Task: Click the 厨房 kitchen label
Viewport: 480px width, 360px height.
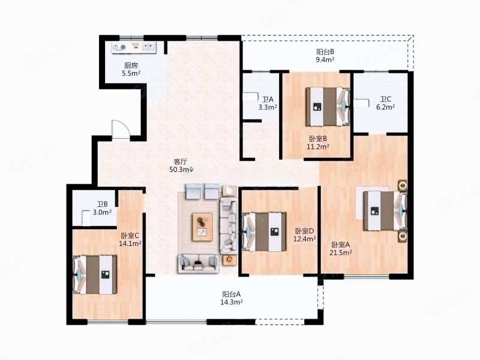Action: click(x=131, y=65)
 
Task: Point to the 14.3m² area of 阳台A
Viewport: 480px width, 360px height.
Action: click(x=232, y=302)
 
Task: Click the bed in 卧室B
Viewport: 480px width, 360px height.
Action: click(x=328, y=107)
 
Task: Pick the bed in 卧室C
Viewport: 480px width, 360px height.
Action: click(x=95, y=275)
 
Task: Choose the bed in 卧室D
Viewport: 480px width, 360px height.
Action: click(x=265, y=232)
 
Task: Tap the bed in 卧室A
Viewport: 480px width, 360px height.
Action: click(x=385, y=211)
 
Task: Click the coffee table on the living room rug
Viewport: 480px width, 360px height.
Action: click(x=202, y=227)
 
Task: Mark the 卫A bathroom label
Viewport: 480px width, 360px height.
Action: click(x=268, y=100)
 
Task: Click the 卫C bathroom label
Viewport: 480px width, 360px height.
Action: click(x=385, y=99)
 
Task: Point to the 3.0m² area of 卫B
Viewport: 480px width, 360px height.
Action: click(x=102, y=212)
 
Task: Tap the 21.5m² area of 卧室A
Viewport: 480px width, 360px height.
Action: click(x=340, y=253)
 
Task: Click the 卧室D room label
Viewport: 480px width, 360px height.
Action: click(x=305, y=231)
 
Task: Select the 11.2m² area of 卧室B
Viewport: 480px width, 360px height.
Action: click(x=318, y=146)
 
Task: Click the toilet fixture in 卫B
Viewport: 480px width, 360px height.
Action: click(x=86, y=218)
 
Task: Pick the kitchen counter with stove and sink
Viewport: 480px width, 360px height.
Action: click(x=134, y=47)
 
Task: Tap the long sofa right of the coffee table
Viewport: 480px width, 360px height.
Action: click(x=229, y=226)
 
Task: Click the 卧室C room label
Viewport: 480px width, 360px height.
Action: click(x=130, y=236)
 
